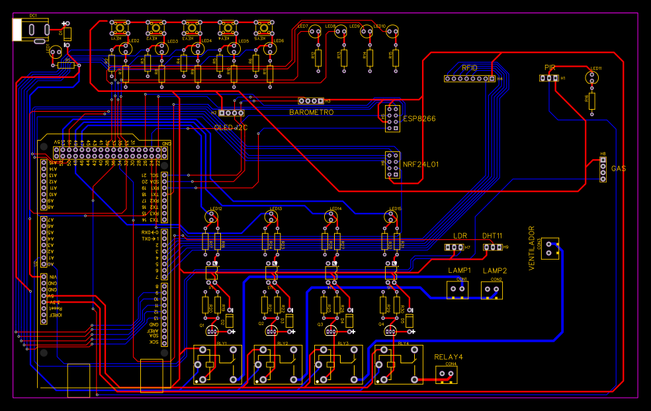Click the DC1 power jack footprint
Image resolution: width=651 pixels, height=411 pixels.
(30, 30)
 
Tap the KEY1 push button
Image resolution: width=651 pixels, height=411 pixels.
(120, 29)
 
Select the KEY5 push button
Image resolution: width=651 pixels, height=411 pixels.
(263, 29)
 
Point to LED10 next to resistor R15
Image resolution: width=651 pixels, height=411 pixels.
(393, 31)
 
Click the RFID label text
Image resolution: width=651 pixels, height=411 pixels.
(470, 68)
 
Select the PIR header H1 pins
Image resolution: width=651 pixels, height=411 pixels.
(548, 78)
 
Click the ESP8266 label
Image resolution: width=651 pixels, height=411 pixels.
(419, 119)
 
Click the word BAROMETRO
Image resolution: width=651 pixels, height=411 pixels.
(311, 112)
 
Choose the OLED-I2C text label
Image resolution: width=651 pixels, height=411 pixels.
(230, 128)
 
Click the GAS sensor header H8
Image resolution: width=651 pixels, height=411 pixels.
(603, 169)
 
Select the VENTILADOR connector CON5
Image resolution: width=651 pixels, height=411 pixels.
(550, 248)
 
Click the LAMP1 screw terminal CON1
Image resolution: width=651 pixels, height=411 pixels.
(457, 290)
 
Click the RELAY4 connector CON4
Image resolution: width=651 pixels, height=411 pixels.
(447, 375)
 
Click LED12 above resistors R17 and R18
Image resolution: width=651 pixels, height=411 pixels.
(213, 215)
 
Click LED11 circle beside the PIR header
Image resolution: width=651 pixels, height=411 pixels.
(592, 78)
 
